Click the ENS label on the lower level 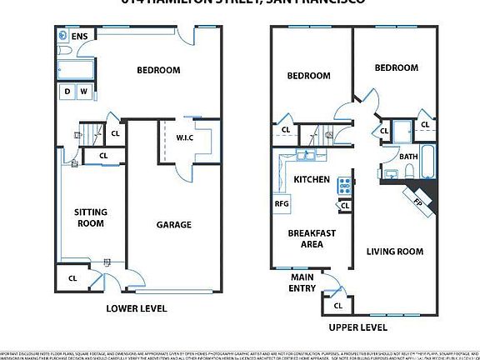pos(80,37)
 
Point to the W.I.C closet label pos(184,137)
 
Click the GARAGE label pos(174,224)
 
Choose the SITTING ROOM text pos(91,217)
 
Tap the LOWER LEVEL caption pos(137,308)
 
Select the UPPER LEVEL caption pos(358,327)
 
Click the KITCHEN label pos(312,179)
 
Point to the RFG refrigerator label pos(281,202)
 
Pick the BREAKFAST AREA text pos(312,238)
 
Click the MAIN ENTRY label pos(302,282)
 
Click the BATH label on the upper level pos(408,156)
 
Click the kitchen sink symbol pos(303,156)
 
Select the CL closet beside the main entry pos(337,306)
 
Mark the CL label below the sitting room pos(72,278)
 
